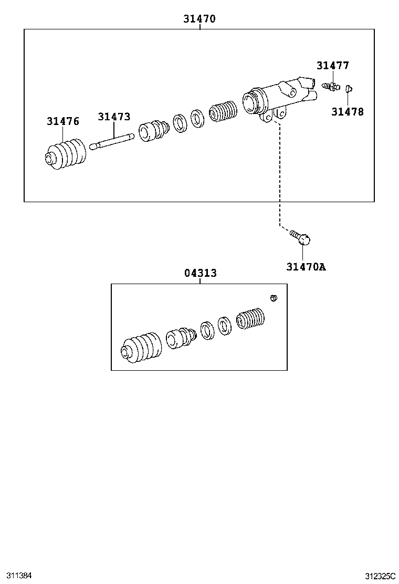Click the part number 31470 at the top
tap(199, 19)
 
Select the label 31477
tap(332, 66)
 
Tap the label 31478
tap(347, 111)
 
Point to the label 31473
tap(114, 117)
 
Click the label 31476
tap(63, 121)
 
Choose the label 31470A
tap(306, 267)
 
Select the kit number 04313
tap(200, 273)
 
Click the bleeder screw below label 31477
tap(331, 85)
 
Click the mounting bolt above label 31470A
tap(301, 237)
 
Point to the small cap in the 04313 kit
tap(273, 298)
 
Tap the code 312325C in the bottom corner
tap(381, 576)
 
